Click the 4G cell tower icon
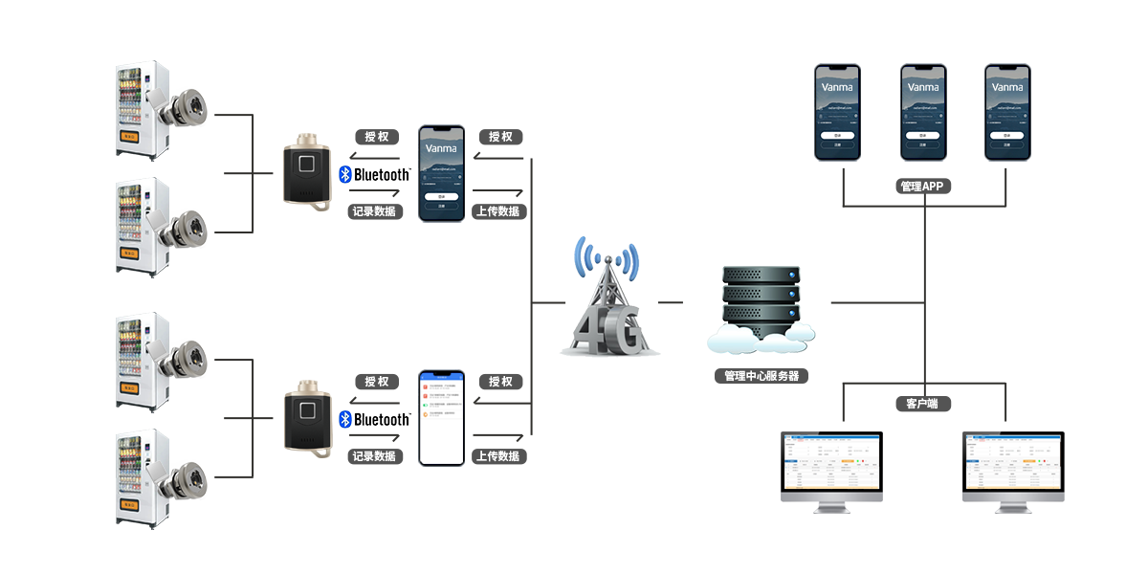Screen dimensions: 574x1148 tap(608, 298)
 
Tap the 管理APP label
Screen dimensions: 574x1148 tap(923, 187)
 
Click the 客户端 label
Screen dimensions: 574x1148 tap(923, 404)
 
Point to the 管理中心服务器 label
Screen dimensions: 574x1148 tap(762, 376)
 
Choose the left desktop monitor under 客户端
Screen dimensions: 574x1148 tap(832, 469)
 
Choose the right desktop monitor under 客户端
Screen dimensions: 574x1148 tap(1012, 469)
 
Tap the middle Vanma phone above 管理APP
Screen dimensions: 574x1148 tap(923, 112)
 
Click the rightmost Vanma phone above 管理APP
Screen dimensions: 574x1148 tap(1009, 112)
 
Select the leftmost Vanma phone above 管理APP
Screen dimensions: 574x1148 tap(837, 112)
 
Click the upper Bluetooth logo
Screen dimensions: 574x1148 tap(374, 175)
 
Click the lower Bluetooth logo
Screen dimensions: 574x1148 tap(374, 420)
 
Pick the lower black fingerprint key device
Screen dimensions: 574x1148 tap(307, 418)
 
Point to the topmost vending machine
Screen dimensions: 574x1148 tap(142, 110)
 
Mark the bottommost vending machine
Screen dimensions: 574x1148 tap(142, 478)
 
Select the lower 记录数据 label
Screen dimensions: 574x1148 tap(375, 456)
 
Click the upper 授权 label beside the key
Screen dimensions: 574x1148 tap(376, 137)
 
